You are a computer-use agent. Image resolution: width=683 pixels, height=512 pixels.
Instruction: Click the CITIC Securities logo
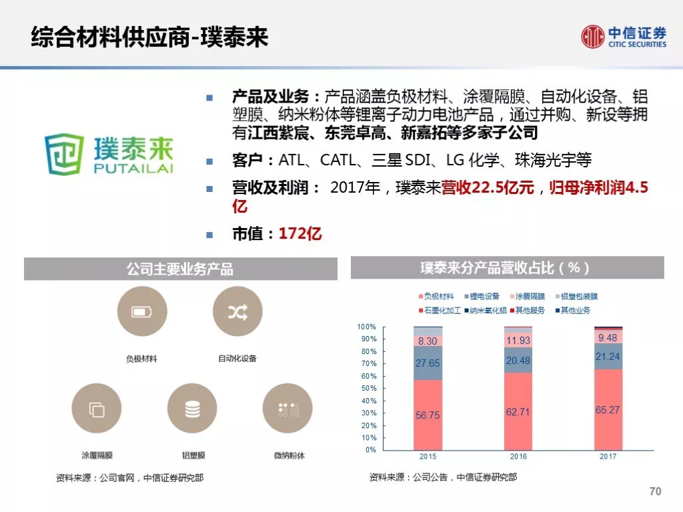[x=624, y=37]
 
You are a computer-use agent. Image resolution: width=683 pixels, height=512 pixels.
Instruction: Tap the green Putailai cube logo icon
[x=64, y=154]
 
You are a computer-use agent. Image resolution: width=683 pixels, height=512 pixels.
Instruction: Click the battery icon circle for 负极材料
[x=142, y=311]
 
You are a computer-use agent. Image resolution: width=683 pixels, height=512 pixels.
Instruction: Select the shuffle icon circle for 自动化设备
[x=238, y=311]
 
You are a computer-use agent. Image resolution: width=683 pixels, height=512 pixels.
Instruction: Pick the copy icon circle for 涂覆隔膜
[x=97, y=409]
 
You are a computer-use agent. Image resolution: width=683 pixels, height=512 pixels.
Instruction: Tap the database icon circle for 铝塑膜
[x=192, y=409]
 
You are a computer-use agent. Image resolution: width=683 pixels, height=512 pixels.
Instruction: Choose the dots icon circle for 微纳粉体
[x=287, y=409]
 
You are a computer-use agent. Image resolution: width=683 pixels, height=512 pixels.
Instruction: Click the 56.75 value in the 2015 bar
[x=428, y=415]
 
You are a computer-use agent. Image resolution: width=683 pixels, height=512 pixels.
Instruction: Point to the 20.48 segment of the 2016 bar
[x=518, y=361]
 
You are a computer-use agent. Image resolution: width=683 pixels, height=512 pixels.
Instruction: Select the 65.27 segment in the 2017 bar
[x=608, y=410]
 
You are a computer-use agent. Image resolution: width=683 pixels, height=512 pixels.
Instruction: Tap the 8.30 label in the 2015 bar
[x=428, y=341]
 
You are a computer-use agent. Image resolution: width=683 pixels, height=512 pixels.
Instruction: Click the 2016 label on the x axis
[x=518, y=456]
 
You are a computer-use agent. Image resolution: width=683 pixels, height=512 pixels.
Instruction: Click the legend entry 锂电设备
[x=482, y=297]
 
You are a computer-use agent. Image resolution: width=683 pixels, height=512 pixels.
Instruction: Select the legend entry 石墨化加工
[x=440, y=311]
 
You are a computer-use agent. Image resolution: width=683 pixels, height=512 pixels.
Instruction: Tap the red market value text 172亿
[x=300, y=234]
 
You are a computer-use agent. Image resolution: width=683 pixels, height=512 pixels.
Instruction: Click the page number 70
[x=655, y=491]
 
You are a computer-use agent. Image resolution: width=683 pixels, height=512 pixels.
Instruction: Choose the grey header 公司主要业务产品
[x=180, y=269]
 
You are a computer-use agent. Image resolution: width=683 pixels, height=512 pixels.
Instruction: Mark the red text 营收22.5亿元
[x=488, y=187]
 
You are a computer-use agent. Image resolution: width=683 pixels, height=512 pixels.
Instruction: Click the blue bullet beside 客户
[x=209, y=161]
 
